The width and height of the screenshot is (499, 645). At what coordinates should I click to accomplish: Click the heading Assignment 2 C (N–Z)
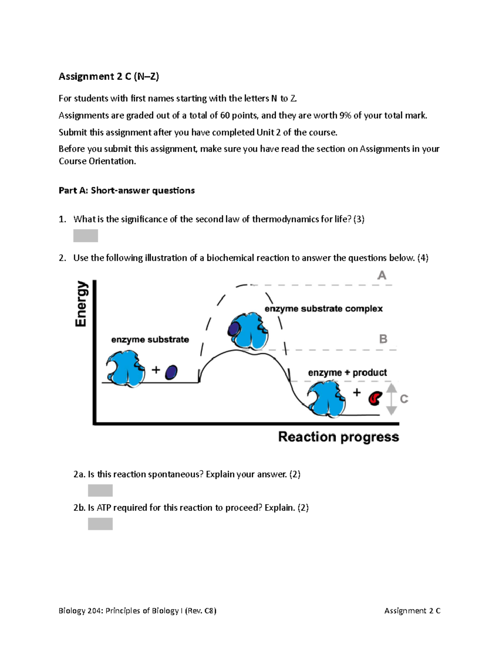point(109,76)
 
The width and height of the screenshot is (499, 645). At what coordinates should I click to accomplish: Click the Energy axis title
point(82,304)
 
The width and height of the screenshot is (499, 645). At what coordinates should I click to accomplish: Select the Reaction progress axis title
point(338,437)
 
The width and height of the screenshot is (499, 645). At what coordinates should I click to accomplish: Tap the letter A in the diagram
point(381,275)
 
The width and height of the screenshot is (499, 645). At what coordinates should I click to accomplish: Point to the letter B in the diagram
point(383,339)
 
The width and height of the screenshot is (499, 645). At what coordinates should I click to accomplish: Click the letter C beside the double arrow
point(404,399)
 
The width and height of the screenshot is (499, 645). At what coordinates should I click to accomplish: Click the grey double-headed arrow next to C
point(391,399)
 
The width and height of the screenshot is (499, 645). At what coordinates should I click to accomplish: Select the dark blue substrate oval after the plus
point(171,373)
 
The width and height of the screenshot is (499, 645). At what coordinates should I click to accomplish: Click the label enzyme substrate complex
point(323,309)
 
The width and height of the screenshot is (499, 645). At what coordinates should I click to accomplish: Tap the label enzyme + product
point(347,373)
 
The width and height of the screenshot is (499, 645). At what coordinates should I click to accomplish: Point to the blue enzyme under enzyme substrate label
point(126,368)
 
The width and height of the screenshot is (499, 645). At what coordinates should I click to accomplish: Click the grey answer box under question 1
point(86,235)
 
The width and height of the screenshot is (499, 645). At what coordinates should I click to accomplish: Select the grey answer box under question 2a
point(100,490)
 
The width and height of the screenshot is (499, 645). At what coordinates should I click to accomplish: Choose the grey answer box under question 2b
point(100,524)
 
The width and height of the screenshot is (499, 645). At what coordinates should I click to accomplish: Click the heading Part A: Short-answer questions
point(126,191)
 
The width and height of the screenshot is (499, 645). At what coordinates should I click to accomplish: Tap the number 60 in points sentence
point(225,115)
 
